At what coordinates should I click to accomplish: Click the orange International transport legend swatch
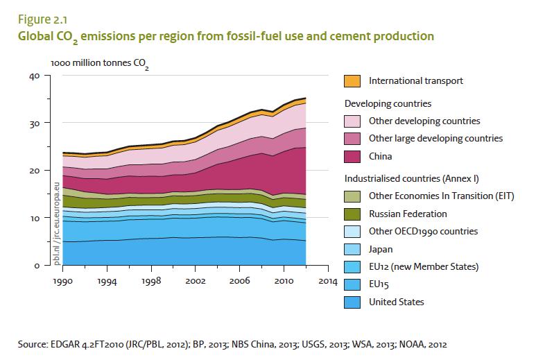point(353,80)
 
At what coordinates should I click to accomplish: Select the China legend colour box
point(353,157)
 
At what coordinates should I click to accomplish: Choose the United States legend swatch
point(353,302)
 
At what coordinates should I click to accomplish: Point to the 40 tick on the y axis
point(35,76)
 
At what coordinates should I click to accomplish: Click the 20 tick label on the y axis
point(35,171)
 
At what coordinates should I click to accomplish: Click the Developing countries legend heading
point(388,103)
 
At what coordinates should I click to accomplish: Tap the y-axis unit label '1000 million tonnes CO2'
point(99,64)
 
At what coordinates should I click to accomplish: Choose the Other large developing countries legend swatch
point(353,139)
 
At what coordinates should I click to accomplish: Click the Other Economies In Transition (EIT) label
point(442,196)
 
